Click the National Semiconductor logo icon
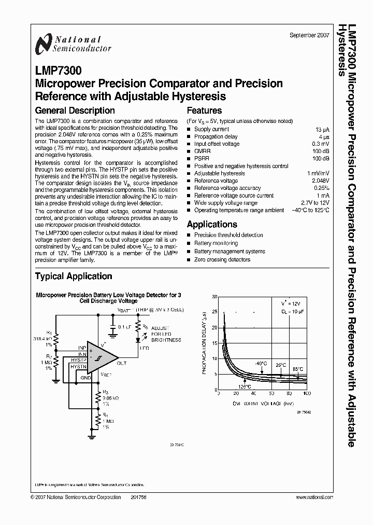[44, 45]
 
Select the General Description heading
[75, 110]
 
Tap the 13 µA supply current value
[322, 129]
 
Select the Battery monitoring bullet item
[216, 243]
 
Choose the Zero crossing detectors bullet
[222, 259]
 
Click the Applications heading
[212, 224]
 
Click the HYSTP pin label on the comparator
[79, 360]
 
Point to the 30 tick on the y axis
[214, 296]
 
